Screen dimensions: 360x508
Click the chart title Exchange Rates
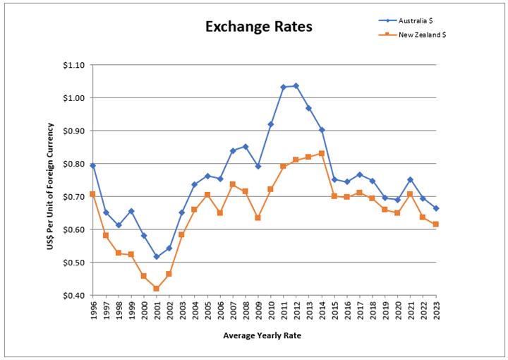258,28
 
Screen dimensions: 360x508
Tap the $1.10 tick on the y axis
73,65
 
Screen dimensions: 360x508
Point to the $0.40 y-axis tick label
73,296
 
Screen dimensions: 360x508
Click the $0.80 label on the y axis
73,164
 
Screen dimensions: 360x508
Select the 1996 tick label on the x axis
93,311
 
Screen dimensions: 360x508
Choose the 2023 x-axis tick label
436,311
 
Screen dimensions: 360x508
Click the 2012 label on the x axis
296,311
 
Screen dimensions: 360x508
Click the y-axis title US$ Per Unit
49,179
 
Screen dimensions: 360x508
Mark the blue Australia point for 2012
296,86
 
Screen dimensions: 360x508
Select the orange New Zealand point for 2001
156,289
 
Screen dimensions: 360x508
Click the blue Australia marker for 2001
156,257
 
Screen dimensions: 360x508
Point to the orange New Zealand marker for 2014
322,153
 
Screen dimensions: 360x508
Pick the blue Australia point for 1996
92,165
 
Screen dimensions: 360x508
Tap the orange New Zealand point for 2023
436,224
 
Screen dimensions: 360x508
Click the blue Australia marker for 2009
258,166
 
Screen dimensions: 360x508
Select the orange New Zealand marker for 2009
258,217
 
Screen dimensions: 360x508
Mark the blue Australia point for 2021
410,180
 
